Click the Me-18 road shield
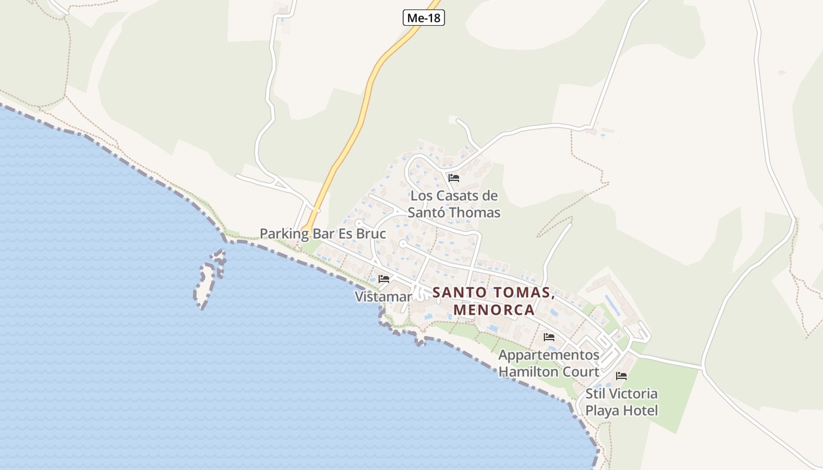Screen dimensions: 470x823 click(424, 18)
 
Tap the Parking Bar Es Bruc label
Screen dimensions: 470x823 click(323, 233)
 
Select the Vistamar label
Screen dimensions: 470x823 click(383, 297)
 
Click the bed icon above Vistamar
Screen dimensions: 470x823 click(384, 278)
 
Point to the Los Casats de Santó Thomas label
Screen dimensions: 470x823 click(454, 204)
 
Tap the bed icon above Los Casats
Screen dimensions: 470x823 click(453, 177)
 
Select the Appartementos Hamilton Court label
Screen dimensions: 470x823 click(549, 363)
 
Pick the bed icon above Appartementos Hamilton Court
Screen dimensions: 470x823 click(549, 337)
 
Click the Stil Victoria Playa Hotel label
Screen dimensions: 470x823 click(621, 402)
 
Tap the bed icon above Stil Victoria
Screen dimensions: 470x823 click(621, 376)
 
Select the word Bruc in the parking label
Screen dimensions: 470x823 click(369, 233)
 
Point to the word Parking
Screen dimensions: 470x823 click(284, 233)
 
